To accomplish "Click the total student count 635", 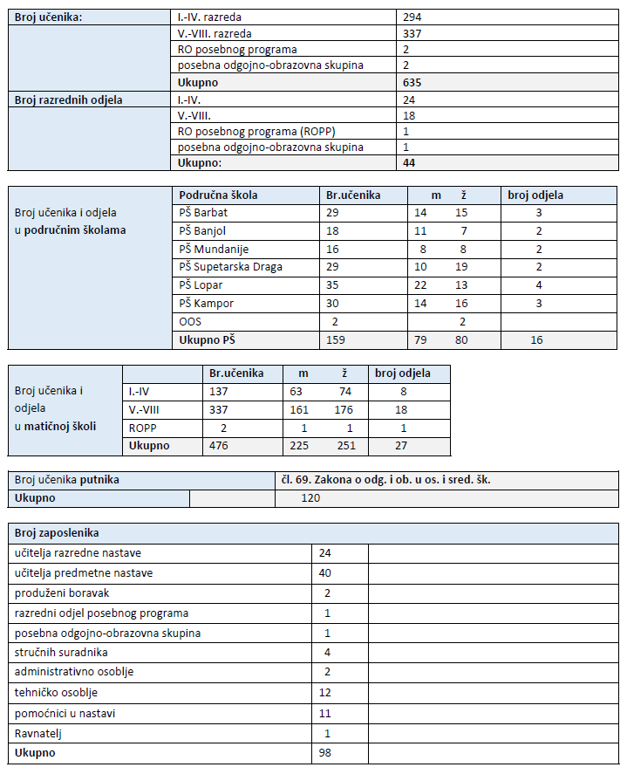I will coord(412,83).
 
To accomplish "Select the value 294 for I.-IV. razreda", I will coord(412,17).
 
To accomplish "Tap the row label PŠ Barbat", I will coord(204,212).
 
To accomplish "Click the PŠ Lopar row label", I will coord(200,285).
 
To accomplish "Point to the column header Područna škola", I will coord(218,195).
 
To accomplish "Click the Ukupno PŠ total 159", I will coord(337,340).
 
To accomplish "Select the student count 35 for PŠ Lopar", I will coord(333,285).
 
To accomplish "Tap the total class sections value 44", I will coord(410,163).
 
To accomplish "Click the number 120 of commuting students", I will coord(310,497).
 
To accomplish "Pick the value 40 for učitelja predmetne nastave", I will coord(325,572).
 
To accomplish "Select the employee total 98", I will coord(325,753).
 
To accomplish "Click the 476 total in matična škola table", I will coord(219,446).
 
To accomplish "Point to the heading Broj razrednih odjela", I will coord(69,99).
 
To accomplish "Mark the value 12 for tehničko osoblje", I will coord(325,693).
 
